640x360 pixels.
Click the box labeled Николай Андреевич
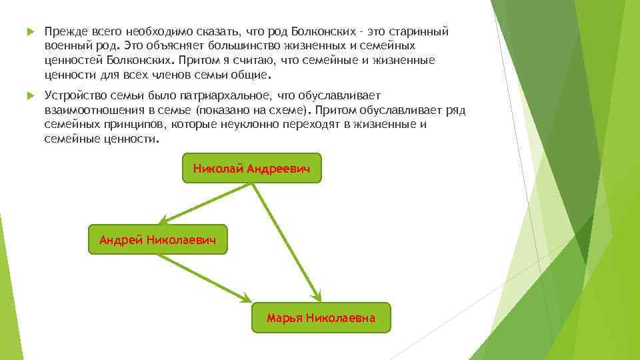click(251, 168)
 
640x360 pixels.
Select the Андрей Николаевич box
click(157, 239)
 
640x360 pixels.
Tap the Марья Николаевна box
click(321, 318)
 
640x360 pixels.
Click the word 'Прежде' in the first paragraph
click(63, 31)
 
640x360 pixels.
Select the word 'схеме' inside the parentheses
click(293, 111)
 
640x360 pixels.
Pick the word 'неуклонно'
click(249, 125)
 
